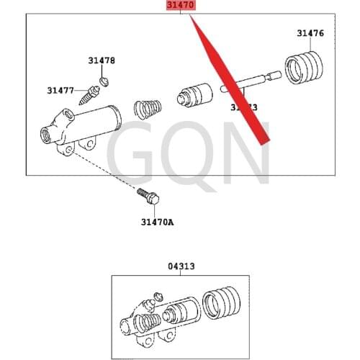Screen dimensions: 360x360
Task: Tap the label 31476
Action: tap(310, 33)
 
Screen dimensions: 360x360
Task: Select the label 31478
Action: tap(102, 61)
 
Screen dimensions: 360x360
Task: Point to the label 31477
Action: tap(61, 90)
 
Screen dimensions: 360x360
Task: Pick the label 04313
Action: tap(181, 266)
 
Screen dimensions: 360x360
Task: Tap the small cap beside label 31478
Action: tap(103, 80)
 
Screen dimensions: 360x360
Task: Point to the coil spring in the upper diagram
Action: tap(148, 109)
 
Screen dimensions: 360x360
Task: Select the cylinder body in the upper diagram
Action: tap(83, 126)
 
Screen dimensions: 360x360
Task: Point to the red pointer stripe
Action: tap(230, 79)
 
